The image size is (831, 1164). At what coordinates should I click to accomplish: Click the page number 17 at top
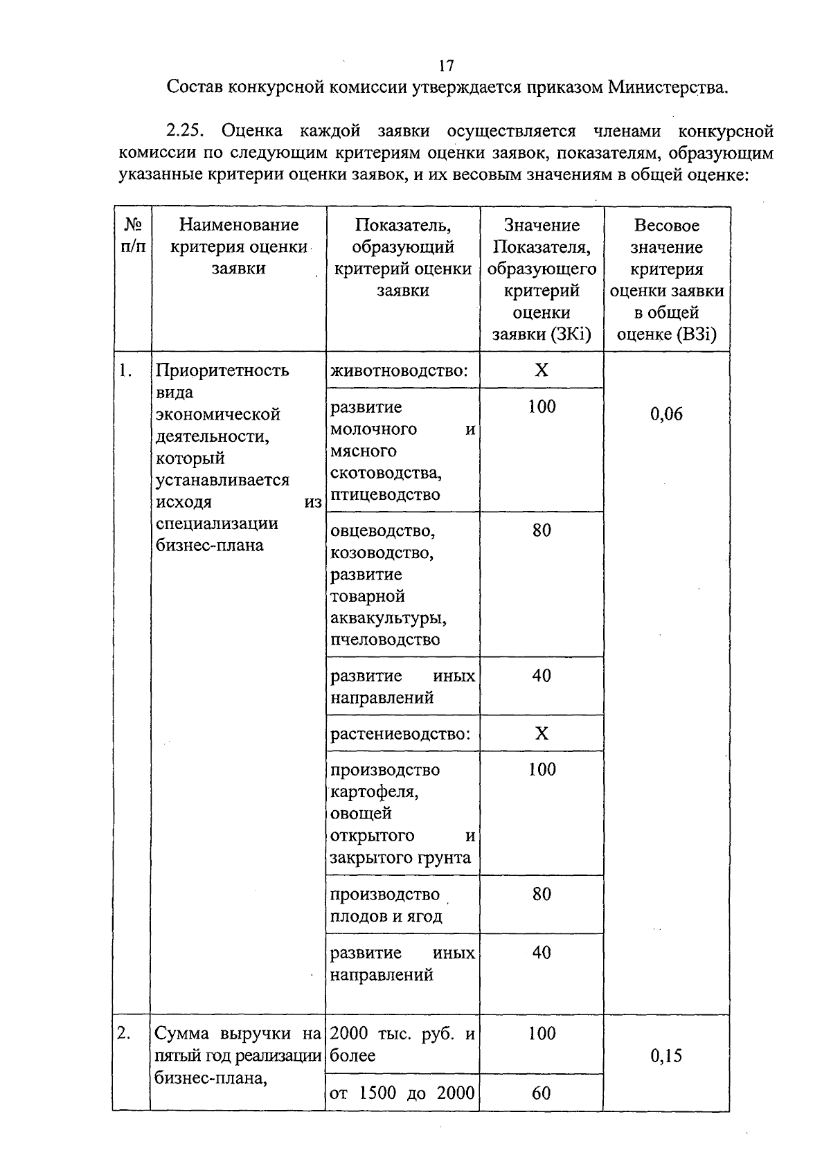pyautogui.click(x=446, y=66)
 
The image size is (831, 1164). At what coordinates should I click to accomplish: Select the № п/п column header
pyautogui.click(x=133, y=236)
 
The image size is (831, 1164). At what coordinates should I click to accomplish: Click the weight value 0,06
pyautogui.click(x=666, y=414)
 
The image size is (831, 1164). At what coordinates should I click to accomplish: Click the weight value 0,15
pyautogui.click(x=666, y=1055)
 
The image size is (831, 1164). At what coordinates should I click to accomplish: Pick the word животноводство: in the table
pyautogui.click(x=399, y=370)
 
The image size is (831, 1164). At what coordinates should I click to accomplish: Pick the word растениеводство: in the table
pyautogui.click(x=400, y=733)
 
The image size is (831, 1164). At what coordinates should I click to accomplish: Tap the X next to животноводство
pyautogui.click(x=542, y=370)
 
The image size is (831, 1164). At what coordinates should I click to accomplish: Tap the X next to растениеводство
pyautogui.click(x=542, y=733)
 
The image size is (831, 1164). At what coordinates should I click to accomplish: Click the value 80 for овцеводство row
pyautogui.click(x=542, y=530)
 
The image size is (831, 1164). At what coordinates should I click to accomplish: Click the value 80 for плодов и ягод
pyautogui.click(x=542, y=894)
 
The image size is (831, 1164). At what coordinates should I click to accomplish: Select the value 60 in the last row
pyautogui.click(x=542, y=1093)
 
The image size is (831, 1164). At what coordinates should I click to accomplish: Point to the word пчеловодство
pyautogui.click(x=384, y=639)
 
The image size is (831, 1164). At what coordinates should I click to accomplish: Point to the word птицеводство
pyautogui.click(x=385, y=494)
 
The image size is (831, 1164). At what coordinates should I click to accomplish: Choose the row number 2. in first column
pyautogui.click(x=124, y=1033)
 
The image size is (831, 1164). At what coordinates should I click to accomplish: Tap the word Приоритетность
pyautogui.click(x=222, y=370)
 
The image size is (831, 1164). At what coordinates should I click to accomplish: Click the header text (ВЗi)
pyautogui.click(x=697, y=334)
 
